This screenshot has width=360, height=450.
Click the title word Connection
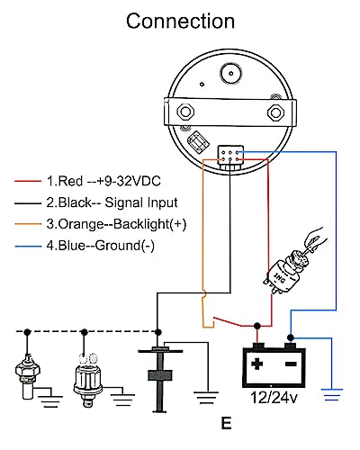[x=180, y=21]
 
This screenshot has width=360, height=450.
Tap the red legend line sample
[x=28, y=181]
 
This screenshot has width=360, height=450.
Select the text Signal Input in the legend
[x=141, y=203]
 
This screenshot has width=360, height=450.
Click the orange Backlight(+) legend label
[x=116, y=224]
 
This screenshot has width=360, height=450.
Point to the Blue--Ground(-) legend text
[x=101, y=246]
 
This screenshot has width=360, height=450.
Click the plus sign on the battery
[x=256, y=364]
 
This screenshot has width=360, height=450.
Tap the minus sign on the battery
[x=291, y=364]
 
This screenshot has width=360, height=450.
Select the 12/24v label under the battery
[x=274, y=398]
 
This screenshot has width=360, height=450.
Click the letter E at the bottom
[x=226, y=423]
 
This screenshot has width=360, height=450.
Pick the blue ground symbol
[x=332, y=395]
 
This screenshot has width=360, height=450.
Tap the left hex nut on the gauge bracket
[x=185, y=112]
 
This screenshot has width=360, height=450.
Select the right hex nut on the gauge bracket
[x=275, y=112]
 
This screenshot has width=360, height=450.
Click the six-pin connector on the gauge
[x=230, y=156]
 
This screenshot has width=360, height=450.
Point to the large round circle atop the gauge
[x=231, y=73]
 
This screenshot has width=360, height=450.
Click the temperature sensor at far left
[x=28, y=376]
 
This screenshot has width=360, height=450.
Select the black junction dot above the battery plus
[x=257, y=326]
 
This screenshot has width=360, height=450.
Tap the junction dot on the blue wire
[x=291, y=337]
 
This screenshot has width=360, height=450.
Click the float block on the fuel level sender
[x=160, y=375]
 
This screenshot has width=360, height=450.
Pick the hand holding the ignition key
[x=314, y=239]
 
